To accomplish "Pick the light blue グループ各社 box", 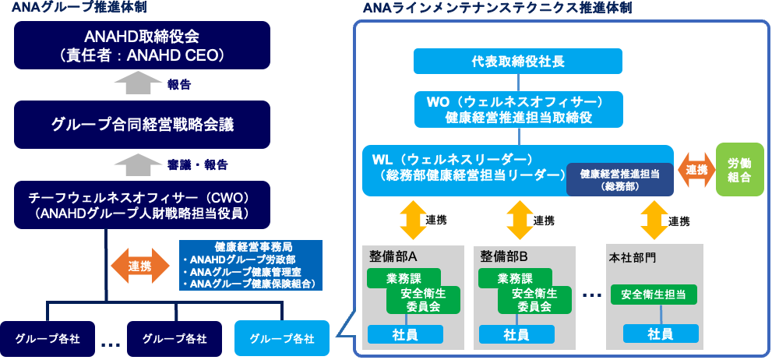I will pyautogui.click(x=282, y=338).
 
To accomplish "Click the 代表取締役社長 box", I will pyautogui.click(x=517, y=61).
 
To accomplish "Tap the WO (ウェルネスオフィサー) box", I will pyautogui.click(x=517, y=110).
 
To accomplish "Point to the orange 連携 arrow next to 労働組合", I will pyautogui.click(x=696, y=170).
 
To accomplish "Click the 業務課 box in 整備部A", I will pyautogui.click(x=404, y=278).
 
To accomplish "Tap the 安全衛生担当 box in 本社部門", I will pyautogui.click(x=653, y=295).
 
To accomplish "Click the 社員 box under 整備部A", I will pyautogui.click(x=405, y=334).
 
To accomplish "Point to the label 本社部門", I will pyautogui.click(x=632, y=256).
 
